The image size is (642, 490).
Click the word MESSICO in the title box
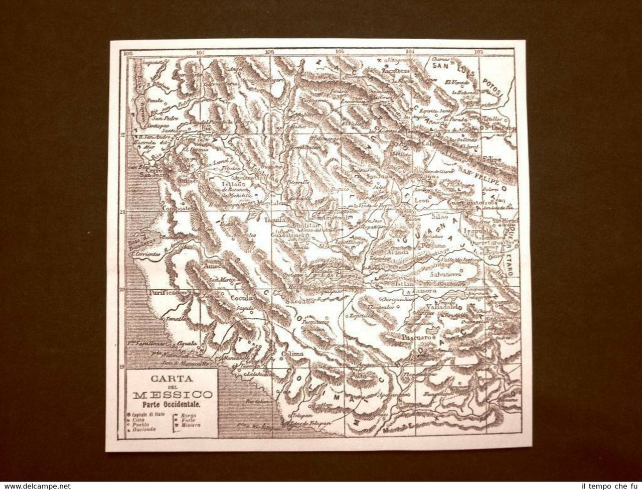173,395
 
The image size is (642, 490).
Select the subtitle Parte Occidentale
173,404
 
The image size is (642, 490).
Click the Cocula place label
241,297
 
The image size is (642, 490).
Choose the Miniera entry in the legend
193,425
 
